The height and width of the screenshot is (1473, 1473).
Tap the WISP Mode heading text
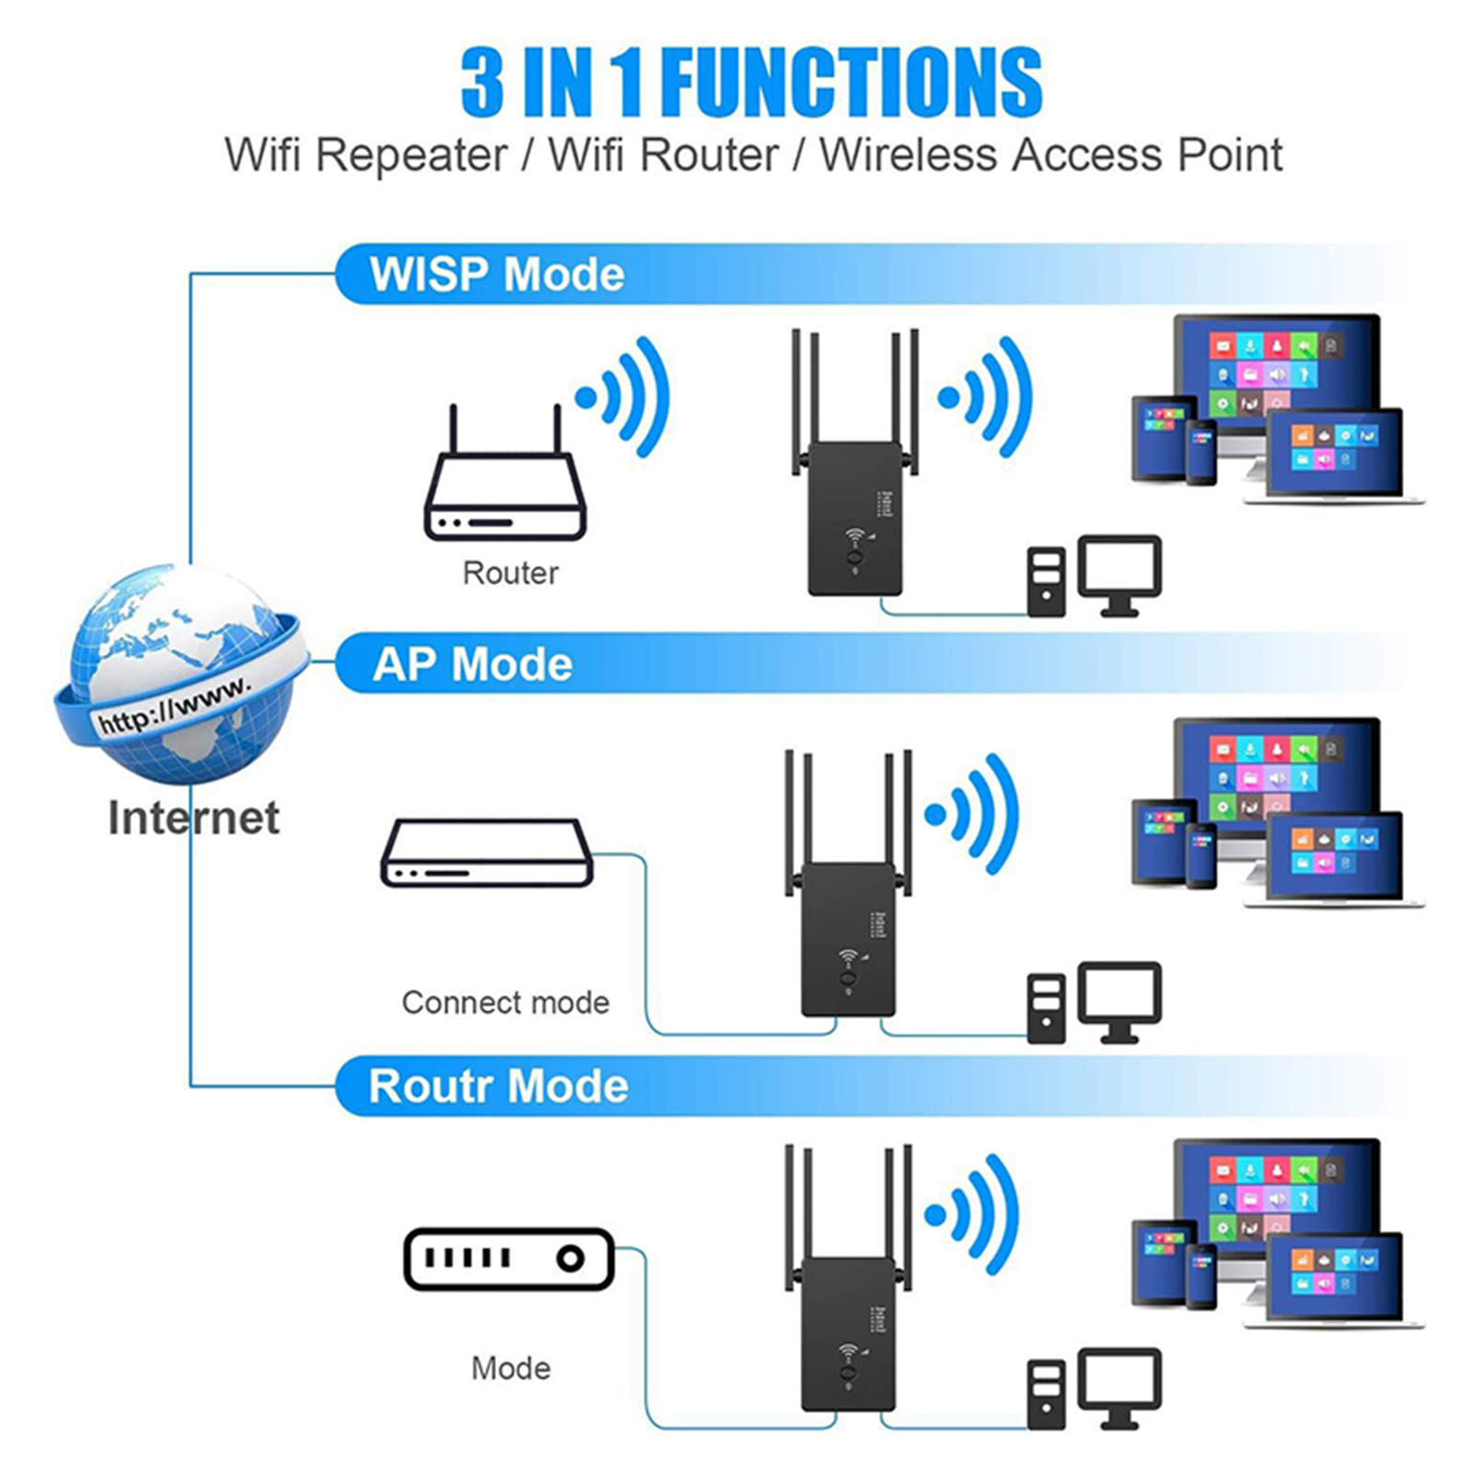point(497,274)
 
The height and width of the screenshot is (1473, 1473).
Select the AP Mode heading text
point(472,664)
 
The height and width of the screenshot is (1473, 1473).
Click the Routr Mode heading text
point(498,1086)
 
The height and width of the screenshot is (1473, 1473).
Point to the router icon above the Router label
point(505,488)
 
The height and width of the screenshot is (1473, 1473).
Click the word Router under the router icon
point(510,573)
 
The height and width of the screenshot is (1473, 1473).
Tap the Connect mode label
point(505,1002)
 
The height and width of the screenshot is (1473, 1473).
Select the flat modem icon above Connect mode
point(487,853)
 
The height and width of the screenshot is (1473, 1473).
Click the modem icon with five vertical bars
point(508,1258)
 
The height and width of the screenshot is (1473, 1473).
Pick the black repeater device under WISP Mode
point(854,516)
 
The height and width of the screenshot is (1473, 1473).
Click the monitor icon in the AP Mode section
point(1119,1000)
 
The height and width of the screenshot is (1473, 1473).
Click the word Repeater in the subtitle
point(412,155)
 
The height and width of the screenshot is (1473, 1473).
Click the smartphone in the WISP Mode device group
point(1200,452)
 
